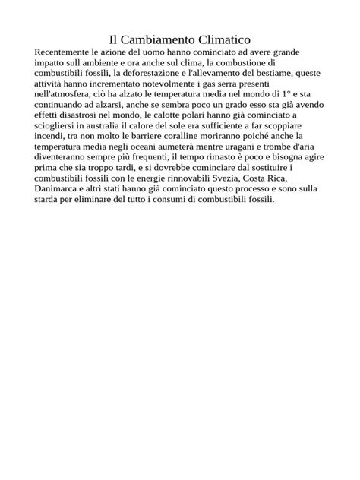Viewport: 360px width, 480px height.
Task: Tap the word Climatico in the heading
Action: pyautogui.click(x=225, y=38)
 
